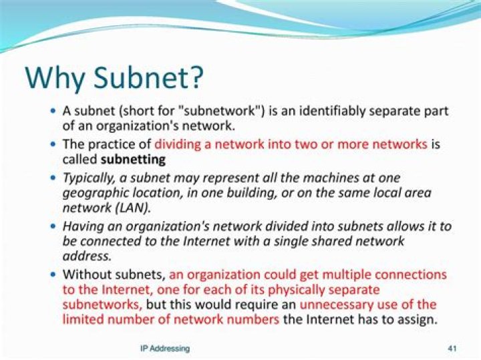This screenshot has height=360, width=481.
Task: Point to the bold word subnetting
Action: [132, 160]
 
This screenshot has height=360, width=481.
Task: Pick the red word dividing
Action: [177, 144]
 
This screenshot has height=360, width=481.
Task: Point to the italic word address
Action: [85, 257]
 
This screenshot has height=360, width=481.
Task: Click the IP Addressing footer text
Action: [164, 349]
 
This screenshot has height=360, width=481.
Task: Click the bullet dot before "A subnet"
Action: [53, 110]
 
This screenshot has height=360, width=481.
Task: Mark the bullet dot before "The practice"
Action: [53, 144]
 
